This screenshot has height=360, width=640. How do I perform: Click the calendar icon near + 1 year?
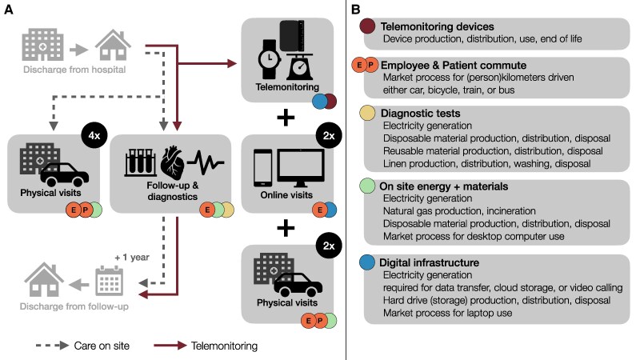click(107, 281)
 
